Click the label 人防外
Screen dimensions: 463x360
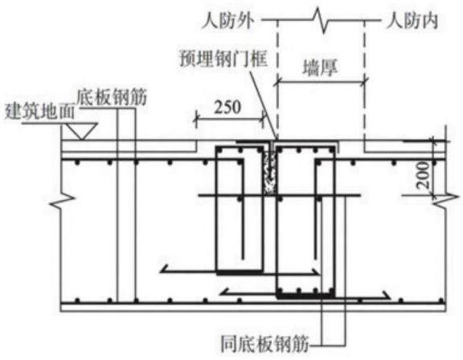[x=227, y=22]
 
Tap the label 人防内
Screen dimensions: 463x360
[x=412, y=22]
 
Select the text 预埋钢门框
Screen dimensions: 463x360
[x=223, y=59]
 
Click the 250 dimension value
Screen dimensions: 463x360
[x=227, y=108]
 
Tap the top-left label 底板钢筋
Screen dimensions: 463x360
[x=112, y=96]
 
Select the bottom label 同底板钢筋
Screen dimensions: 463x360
[x=265, y=343]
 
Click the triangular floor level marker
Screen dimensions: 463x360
[x=81, y=131]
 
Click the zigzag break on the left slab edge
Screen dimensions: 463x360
[x=62, y=201]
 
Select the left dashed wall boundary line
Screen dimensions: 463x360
[x=277, y=80]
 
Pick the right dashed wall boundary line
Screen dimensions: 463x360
[x=365, y=85]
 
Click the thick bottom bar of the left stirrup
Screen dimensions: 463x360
[x=240, y=272]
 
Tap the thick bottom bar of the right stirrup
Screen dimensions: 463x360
[x=305, y=296]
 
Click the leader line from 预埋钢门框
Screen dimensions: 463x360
[x=263, y=103]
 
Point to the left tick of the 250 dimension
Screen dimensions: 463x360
[x=195, y=119]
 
